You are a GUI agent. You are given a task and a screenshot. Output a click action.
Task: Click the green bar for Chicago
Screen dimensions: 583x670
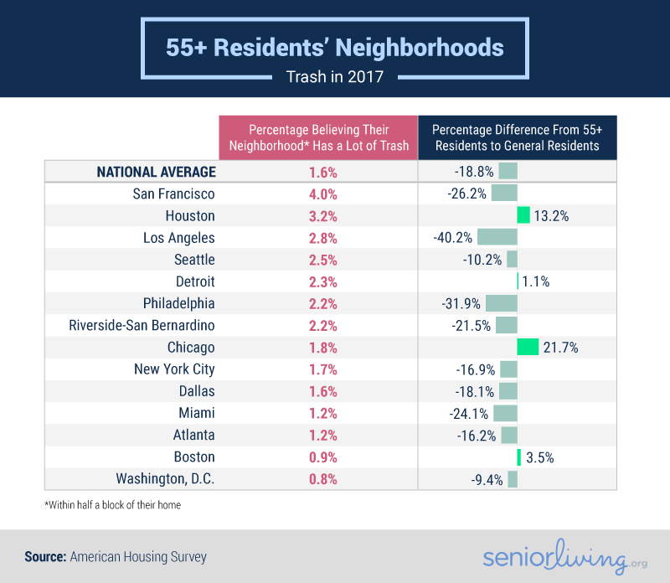(x=528, y=348)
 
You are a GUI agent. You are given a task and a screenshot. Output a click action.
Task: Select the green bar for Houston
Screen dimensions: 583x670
(x=523, y=216)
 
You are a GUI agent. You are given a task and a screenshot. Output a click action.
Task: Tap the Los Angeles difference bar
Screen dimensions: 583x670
(x=497, y=238)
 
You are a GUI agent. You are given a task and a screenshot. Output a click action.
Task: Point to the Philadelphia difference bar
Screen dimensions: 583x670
(x=501, y=303)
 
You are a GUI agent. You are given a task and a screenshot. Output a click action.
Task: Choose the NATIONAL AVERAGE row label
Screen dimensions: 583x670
(x=156, y=172)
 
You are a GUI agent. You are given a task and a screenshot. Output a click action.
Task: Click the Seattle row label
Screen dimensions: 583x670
(x=194, y=260)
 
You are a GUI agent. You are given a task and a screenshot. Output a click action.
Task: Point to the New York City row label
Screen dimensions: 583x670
(x=174, y=369)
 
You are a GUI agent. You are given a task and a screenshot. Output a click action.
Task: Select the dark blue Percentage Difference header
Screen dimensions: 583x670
(x=517, y=137)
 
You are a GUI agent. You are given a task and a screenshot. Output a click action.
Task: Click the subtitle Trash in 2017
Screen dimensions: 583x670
(x=335, y=78)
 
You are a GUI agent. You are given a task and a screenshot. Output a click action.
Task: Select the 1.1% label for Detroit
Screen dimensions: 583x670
(x=535, y=282)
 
